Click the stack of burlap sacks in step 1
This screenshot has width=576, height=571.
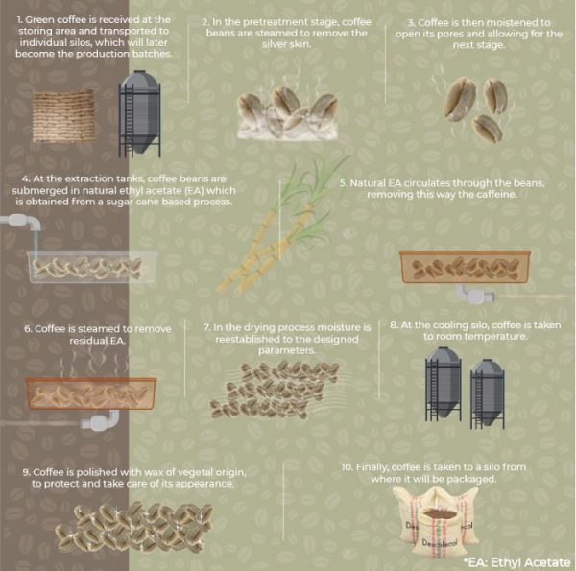63,116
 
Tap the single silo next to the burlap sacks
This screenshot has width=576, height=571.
139,112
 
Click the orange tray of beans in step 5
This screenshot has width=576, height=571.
464,268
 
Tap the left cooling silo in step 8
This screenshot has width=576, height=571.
443,382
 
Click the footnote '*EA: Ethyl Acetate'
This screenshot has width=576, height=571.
516,560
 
